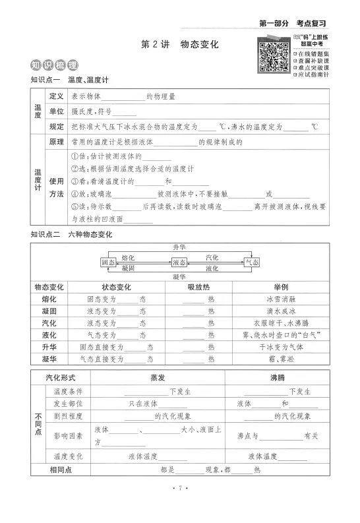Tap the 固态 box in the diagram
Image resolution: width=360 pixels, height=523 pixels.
point(109,262)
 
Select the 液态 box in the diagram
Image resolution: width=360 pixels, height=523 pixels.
point(180,262)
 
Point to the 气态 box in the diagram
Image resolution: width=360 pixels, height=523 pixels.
point(252,262)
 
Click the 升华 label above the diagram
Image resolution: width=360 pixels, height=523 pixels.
point(180,247)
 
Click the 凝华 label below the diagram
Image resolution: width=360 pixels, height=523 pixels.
point(180,277)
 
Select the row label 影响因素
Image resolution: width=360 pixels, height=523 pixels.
point(68,436)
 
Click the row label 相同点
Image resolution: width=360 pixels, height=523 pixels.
point(60,470)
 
